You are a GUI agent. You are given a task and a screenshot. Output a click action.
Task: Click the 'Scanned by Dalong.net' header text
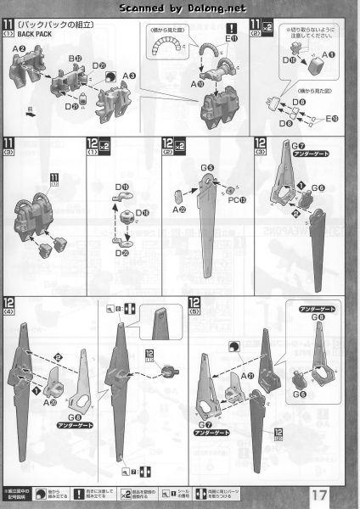tap(179, 8)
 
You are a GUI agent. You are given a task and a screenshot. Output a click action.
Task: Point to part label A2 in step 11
tap(18, 49)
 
